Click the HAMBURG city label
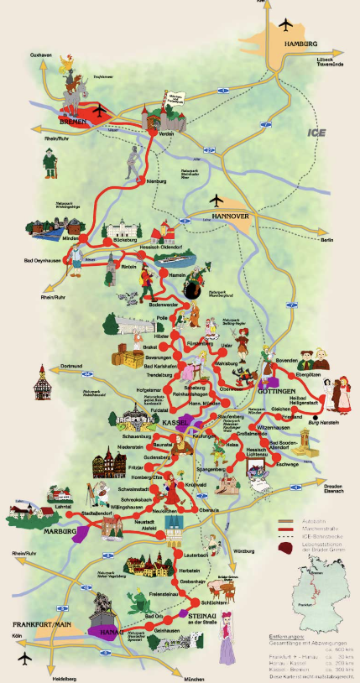[300, 43]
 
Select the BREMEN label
[72, 121]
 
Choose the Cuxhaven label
[41, 55]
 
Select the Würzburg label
[244, 551]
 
